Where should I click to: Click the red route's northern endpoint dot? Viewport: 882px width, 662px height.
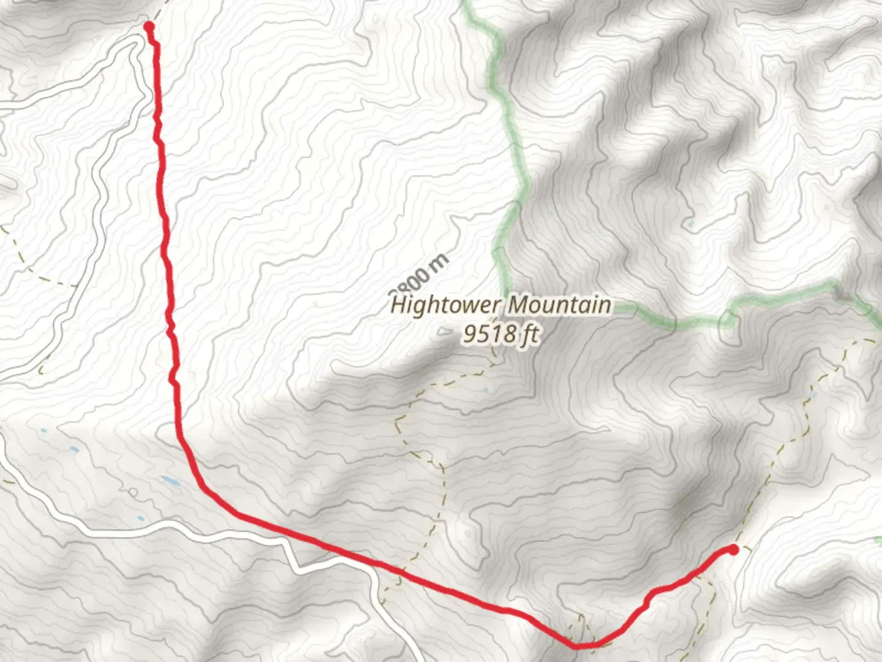click(x=149, y=26)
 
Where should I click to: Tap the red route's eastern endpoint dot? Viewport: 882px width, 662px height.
click(x=733, y=549)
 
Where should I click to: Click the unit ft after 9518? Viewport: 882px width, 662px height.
click(x=529, y=334)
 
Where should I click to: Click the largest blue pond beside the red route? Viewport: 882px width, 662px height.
click(x=171, y=482)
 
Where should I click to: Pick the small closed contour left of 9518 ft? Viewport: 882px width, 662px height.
click(x=443, y=333)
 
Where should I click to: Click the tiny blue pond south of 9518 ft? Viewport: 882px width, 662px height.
click(x=486, y=390)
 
